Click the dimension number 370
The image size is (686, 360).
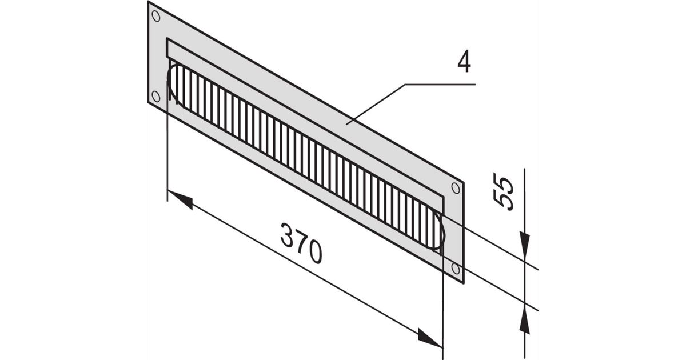click(x=301, y=243)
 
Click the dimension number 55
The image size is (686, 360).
click(x=503, y=191)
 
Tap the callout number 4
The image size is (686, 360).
click(x=464, y=63)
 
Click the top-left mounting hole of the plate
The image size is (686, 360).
click(x=156, y=16)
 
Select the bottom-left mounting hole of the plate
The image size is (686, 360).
click(x=156, y=96)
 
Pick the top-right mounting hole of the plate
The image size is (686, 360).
click(x=456, y=188)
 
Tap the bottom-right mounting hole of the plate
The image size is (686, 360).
click(x=456, y=269)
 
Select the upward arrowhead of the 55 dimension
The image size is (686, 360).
click(x=525, y=322)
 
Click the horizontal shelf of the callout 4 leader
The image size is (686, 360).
click(x=440, y=84)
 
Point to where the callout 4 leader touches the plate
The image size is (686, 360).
click(x=346, y=124)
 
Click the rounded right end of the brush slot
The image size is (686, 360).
click(x=441, y=233)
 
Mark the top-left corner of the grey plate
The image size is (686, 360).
click(x=148, y=2)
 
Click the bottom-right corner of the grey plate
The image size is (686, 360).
click(x=464, y=283)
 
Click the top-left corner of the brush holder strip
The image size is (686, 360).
click(x=167, y=38)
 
